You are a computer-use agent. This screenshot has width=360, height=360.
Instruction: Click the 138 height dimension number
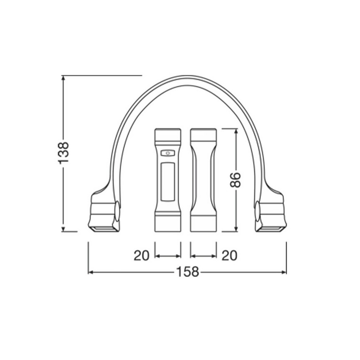coord(63,152)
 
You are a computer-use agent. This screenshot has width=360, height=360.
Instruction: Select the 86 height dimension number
coord(236,179)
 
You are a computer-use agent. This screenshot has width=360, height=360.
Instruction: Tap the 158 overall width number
coord(187,272)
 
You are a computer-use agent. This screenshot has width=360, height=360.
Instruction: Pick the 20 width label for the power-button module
coord(141,255)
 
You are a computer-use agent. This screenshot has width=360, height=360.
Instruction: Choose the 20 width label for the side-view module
coord(229,255)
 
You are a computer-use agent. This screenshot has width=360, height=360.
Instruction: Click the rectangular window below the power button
coord(168,182)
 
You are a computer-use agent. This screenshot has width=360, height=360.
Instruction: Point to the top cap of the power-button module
coord(168,136)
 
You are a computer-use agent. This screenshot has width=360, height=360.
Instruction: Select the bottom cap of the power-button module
coord(168,223)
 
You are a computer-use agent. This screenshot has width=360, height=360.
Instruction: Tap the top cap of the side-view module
coord(203,136)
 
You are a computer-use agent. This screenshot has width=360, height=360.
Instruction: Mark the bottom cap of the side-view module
coord(203,223)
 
